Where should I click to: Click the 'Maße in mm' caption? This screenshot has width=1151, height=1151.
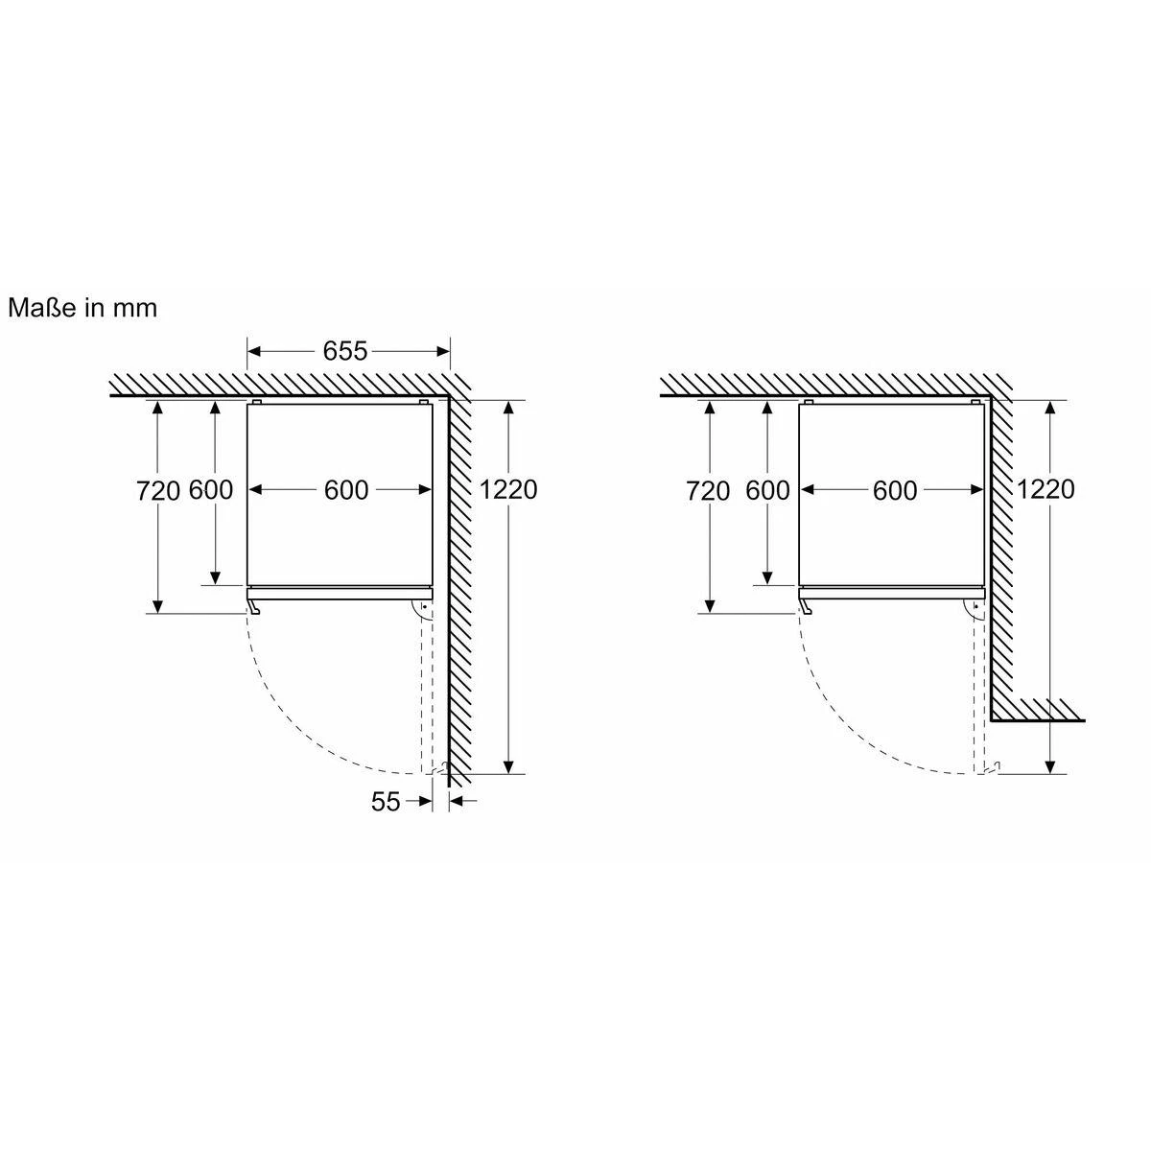tap(82, 308)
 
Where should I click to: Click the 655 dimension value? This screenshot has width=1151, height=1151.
tap(344, 351)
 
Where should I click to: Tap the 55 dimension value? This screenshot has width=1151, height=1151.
tap(386, 802)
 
